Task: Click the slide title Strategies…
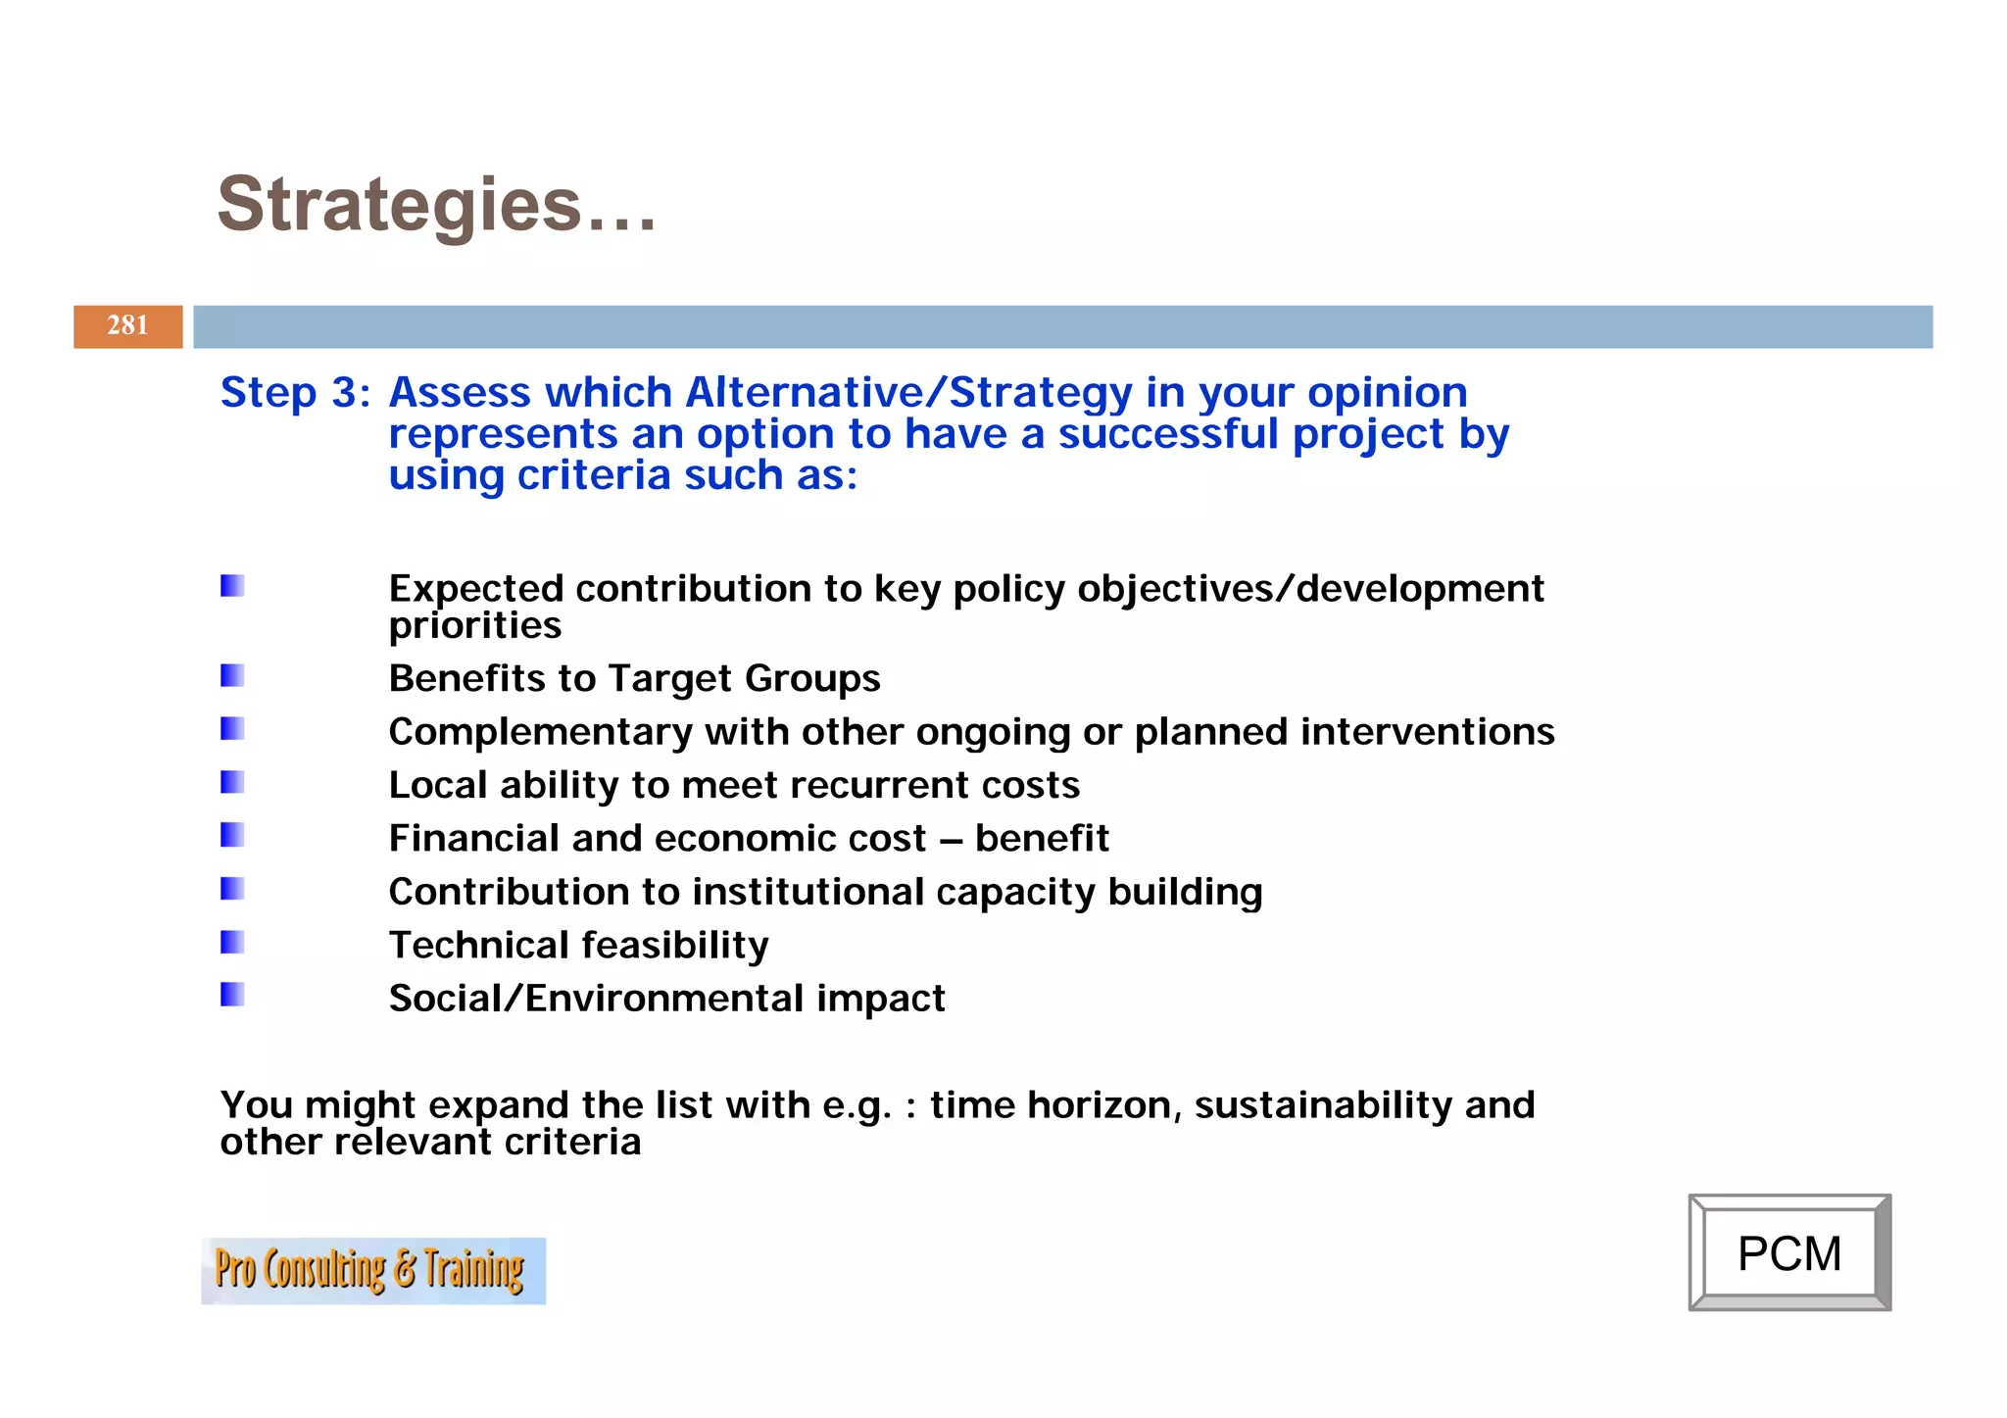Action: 436,205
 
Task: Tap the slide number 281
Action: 127,325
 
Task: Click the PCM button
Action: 1788,1252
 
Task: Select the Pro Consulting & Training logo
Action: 372,1270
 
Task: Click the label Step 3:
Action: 295,392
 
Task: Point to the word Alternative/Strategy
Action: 908,392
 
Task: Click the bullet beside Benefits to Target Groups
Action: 232,675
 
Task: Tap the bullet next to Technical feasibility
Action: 232,942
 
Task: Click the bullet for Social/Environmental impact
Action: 232,995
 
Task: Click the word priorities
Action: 474,625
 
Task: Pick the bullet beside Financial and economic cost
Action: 232,835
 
